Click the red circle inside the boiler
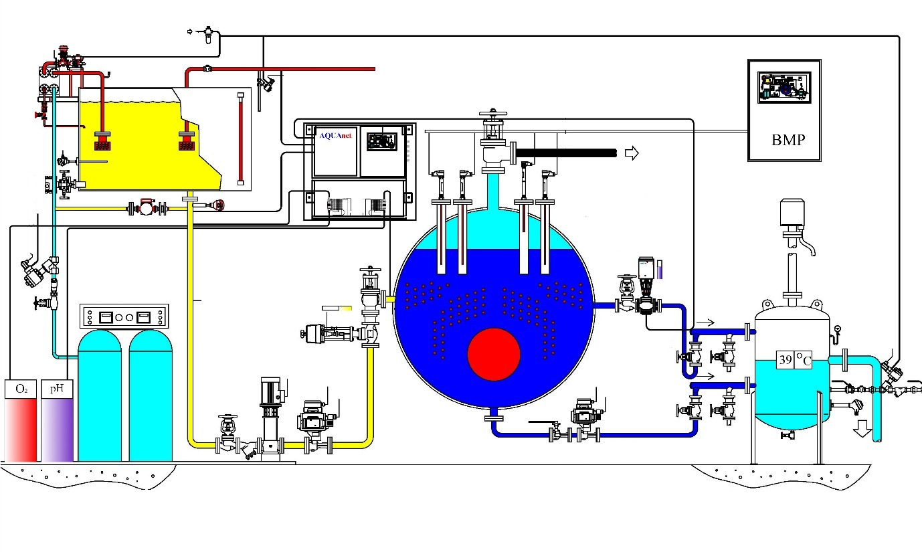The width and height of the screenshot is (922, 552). point(494,355)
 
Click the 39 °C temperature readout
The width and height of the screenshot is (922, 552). point(794,360)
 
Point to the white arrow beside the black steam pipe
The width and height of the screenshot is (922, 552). point(631,154)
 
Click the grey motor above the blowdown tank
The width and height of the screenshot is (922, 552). point(794,212)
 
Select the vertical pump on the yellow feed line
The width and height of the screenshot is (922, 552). point(270,408)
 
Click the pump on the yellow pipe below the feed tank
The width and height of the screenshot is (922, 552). point(146,208)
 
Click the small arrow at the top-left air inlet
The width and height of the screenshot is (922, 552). point(189,31)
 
